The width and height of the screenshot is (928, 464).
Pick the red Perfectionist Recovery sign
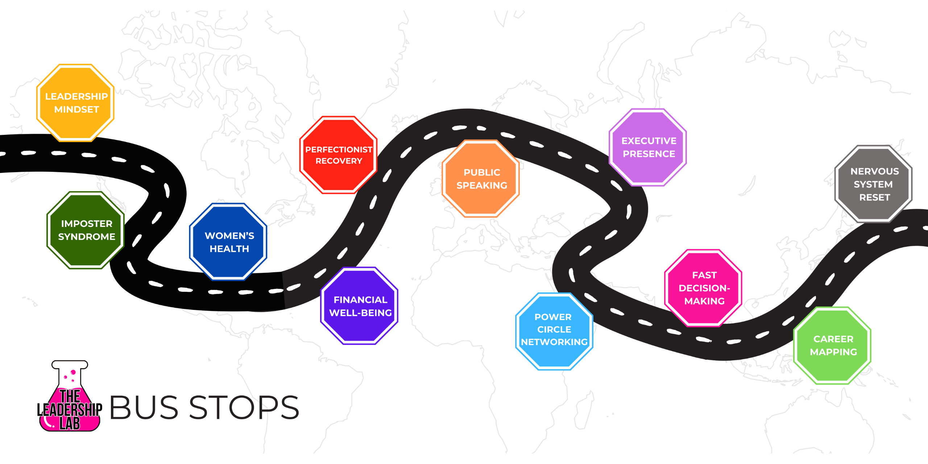pyautogui.click(x=339, y=155)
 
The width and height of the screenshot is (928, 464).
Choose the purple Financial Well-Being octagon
pyautogui.click(x=360, y=306)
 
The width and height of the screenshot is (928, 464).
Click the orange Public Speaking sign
pyautogui.click(x=481, y=179)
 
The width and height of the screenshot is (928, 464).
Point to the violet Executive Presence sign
pyautogui.click(x=648, y=147)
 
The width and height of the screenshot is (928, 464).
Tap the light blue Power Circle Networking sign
pyautogui.click(x=554, y=331)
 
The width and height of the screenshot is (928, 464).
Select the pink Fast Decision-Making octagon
pyautogui.click(x=704, y=288)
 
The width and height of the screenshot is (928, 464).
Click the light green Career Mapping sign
pyautogui.click(x=833, y=345)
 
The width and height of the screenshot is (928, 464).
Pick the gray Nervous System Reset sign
pyautogui.click(x=874, y=184)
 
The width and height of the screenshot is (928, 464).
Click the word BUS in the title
pyautogui.click(x=144, y=407)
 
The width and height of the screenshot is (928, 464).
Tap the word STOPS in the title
pyautogui.click(x=244, y=407)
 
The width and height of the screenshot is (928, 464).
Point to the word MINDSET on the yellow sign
pyautogui.click(x=76, y=109)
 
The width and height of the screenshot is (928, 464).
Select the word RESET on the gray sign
pyautogui.click(x=874, y=198)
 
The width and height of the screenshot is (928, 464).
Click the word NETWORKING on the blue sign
pyautogui.click(x=554, y=342)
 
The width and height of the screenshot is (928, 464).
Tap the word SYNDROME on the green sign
pyautogui.click(x=87, y=237)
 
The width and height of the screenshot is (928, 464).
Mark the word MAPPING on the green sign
pyautogui.click(x=833, y=352)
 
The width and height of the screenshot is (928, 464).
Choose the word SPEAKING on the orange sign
pyautogui.click(x=482, y=186)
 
